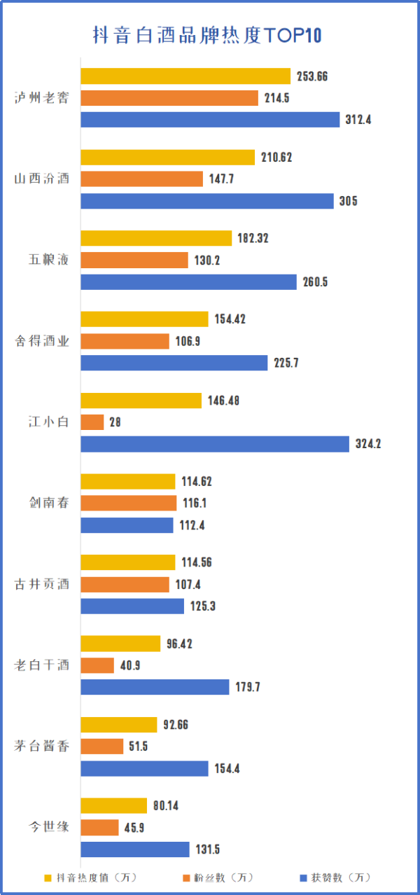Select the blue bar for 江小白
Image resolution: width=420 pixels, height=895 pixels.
coord(215,444)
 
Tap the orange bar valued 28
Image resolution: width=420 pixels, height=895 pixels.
coord(92,422)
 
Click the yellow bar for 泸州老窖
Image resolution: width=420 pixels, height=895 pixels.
coord(185,76)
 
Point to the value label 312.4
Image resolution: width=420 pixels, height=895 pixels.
coord(358,120)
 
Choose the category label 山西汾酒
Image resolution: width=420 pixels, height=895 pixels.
coord(42,179)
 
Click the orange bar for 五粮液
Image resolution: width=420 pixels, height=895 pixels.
coord(134,261)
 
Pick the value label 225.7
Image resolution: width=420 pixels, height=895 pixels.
coord(287,363)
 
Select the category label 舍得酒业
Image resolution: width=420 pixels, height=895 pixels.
coord(42,341)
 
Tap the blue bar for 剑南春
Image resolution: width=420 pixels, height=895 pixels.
coord(127,525)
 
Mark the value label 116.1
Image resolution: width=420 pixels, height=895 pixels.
coord(195,504)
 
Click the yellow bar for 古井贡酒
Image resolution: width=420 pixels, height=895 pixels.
coord(128,562)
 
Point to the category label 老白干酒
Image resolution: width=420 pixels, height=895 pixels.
coord(42,665)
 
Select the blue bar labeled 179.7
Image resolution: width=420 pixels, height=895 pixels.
coord(155,687)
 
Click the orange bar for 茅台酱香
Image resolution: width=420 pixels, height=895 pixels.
coord(102,747)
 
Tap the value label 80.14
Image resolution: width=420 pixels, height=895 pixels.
coord(165,805)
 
